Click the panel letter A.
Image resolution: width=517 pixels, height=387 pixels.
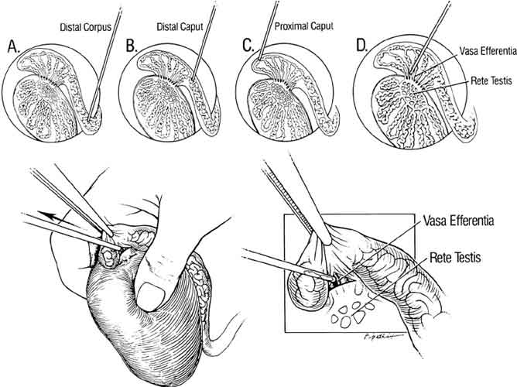(13, 46)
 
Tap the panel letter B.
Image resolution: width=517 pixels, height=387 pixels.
(131, 46)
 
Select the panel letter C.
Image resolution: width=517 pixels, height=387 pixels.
(248, 46)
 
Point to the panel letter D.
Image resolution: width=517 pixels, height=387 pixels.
(361, 46)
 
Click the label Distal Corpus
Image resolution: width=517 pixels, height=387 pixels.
(85, 28)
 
